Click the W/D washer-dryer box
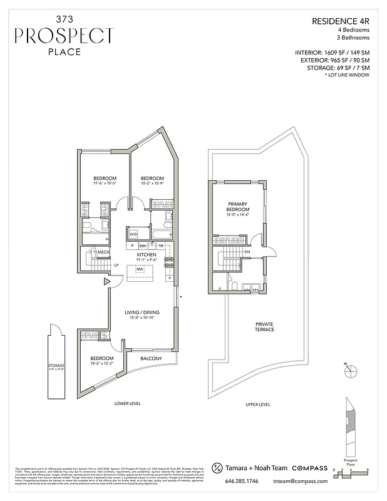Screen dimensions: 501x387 point(133,234)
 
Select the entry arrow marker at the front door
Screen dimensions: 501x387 point(108,282)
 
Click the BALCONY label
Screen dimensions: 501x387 point(151,358)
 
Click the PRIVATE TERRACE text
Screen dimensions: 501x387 point(264,327)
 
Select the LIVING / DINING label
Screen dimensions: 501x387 point(142,312)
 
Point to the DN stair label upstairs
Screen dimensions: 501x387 point(247,252)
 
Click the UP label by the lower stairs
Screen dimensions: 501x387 point(116,265)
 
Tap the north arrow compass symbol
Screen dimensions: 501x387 point(351,369)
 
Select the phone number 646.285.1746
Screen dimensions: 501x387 point(242,482)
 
